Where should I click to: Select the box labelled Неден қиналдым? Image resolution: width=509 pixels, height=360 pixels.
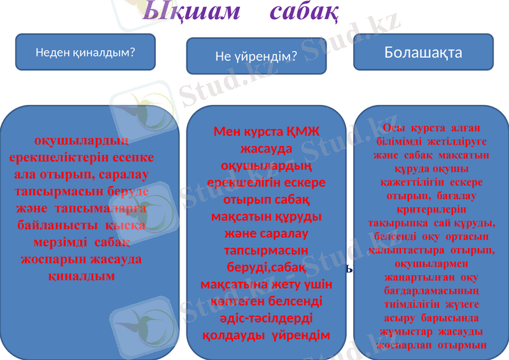click(85, 52)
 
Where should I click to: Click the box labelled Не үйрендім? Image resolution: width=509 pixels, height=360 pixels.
click(256, 57)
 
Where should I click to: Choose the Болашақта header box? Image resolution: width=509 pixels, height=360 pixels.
click(423, 52)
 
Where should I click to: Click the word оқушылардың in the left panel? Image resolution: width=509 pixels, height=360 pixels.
click(81, 141)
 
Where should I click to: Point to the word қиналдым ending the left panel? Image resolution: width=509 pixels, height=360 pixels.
click(81, 276)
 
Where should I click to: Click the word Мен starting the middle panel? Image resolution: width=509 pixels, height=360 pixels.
click(228, 132)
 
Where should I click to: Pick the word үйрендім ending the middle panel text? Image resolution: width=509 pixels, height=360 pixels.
click(302, 335)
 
